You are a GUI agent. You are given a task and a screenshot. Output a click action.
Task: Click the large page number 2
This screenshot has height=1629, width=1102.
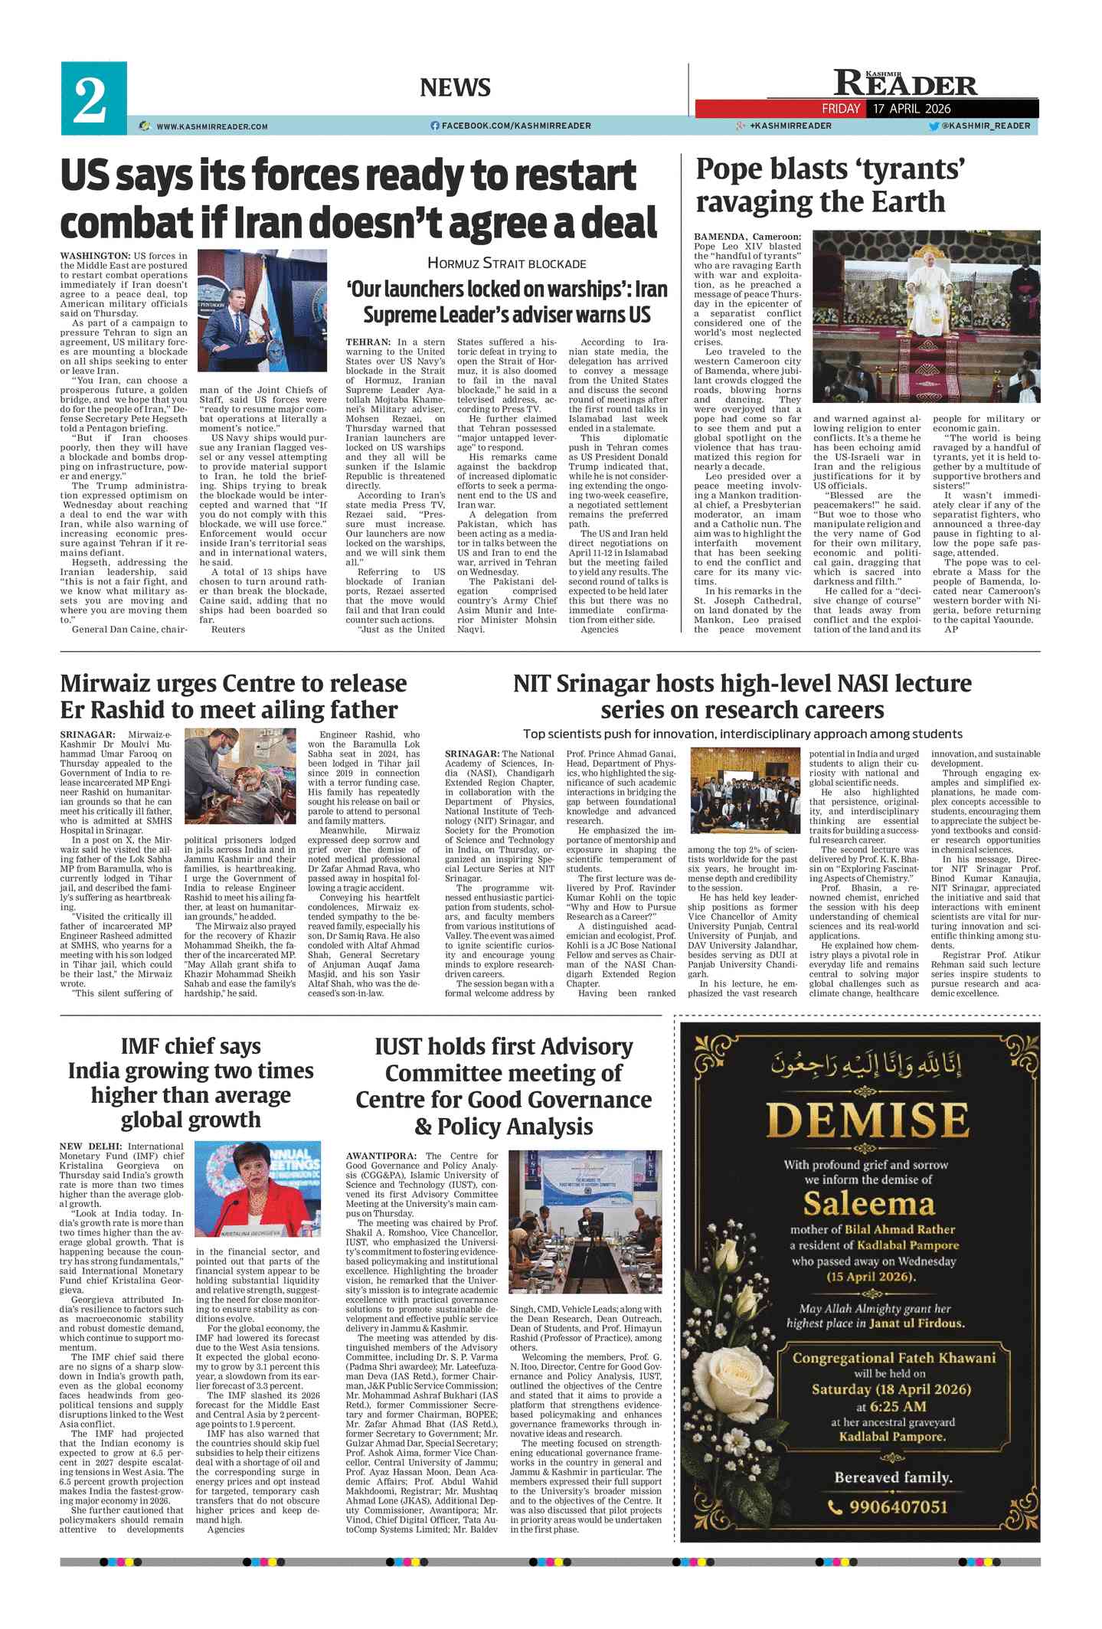point(91,100)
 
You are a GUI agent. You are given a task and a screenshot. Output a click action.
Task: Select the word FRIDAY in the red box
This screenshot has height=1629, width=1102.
point(841,109)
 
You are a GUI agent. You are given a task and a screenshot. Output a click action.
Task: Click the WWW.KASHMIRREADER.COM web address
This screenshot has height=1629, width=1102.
point(211,126)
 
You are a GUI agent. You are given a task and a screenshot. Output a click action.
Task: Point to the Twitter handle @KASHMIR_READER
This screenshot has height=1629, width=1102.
point(985,126)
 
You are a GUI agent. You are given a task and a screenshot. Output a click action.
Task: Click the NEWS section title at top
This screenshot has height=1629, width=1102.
point(455,87)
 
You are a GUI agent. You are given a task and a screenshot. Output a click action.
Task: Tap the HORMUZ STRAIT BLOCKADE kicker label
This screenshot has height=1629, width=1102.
point(506,264)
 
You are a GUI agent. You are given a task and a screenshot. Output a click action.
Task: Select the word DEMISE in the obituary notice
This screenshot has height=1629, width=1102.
point(868,1121)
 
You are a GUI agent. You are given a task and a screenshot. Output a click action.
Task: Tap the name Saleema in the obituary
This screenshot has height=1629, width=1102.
point(868,1205)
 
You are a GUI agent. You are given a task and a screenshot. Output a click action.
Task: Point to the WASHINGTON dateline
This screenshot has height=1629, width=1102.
point(95,256)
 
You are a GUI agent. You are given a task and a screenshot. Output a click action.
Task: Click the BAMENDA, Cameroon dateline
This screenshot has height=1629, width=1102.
point(747,237)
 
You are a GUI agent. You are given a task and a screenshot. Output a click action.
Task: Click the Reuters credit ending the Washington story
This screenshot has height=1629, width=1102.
point(228,630)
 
